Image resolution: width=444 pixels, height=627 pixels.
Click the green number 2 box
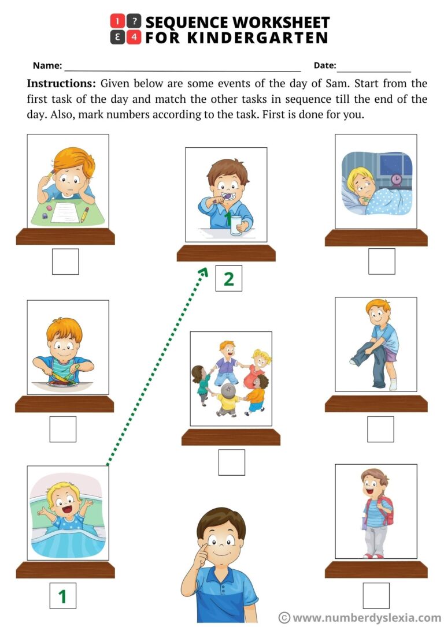pos(228,278)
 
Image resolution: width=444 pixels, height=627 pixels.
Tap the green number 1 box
pos(62,595)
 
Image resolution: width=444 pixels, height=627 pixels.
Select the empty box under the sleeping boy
pos(382,261)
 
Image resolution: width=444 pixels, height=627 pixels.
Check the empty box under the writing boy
pos(65,261)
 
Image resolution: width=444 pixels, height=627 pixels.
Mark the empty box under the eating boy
pos(62,429)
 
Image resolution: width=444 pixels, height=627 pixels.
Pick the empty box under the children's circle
pos(231,462)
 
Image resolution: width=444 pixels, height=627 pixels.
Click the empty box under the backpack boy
pos(376,595)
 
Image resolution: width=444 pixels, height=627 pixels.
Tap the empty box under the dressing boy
pos(380,429)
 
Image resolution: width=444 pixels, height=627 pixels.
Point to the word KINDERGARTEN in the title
pos(236,39)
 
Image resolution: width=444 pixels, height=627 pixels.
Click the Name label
pos(47,66)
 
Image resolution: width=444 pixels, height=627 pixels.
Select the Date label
pos(324,66)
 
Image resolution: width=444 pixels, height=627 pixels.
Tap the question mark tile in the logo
pos(134,22)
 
